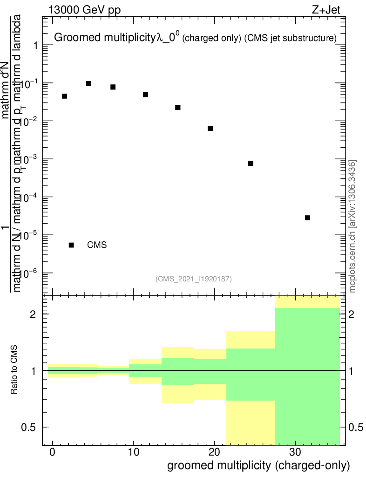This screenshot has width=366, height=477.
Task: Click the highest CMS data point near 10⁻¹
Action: pyautogui.click(x=88, y=83)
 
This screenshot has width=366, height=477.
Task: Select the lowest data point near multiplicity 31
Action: pyautogui.click(x=307, y=218)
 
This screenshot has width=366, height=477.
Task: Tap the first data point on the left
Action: pyautogui.click(x=64, y=96)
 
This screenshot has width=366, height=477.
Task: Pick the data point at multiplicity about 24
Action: pyautogui.click(x=251, y=164)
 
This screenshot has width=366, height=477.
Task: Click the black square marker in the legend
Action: pyautogui.click(x=71, y=245)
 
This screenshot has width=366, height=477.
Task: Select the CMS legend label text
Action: pyautogui.click(x=97, y=245)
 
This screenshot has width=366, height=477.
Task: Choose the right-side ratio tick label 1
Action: pyautogui.click(x=353, y=371)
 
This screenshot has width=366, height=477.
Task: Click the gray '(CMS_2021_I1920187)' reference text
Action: pyautogui.click(x=194, y=279)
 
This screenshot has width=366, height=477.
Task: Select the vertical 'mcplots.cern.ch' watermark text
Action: pyautogui.click(x=353, y=226)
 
